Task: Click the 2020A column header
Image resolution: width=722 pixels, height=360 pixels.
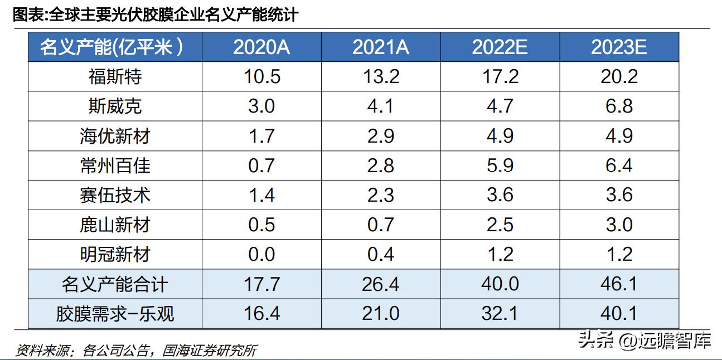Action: [x=261, y=47]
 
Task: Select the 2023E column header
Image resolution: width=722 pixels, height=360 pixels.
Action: [x=619, y=47]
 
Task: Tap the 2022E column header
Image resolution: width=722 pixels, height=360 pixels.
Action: [x=500, y=47]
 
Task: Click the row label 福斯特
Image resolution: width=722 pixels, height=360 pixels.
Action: [x=115, y=76]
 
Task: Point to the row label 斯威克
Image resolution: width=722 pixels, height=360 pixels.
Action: [x=115, y=106]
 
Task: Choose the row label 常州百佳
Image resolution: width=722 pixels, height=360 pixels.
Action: [x=115, y=166]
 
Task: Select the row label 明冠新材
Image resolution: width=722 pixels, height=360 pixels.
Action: [x=115, y=255]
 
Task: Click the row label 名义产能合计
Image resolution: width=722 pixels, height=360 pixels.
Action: [x=115, y=285]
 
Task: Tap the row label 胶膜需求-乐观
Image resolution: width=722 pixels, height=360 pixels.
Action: [x=115, y=314]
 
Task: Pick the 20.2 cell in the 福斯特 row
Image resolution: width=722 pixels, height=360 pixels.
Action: [x=619, y=76]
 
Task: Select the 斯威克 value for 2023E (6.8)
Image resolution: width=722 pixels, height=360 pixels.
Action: [x=619, y=106]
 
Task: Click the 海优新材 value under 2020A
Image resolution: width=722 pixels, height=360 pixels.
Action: [x=261, y=136]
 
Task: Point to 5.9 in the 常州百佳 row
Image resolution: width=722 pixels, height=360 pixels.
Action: [x=500, y=166]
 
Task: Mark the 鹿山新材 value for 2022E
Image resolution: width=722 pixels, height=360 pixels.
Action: [x=500, y=225]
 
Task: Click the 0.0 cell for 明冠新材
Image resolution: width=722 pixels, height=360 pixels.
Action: [x=261, y=255]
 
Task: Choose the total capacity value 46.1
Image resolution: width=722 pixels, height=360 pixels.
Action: [x=619, y=285]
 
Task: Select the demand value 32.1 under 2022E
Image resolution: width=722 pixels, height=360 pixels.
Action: [x=500, y=314]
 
